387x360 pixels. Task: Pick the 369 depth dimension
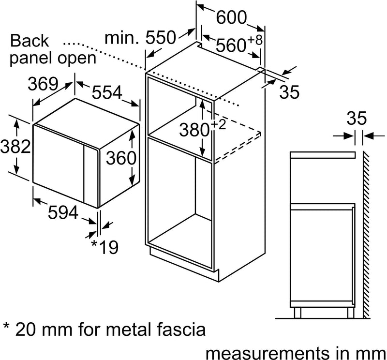click(x=48, y=84)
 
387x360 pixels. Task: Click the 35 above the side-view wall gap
click(x=355, y=118)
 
